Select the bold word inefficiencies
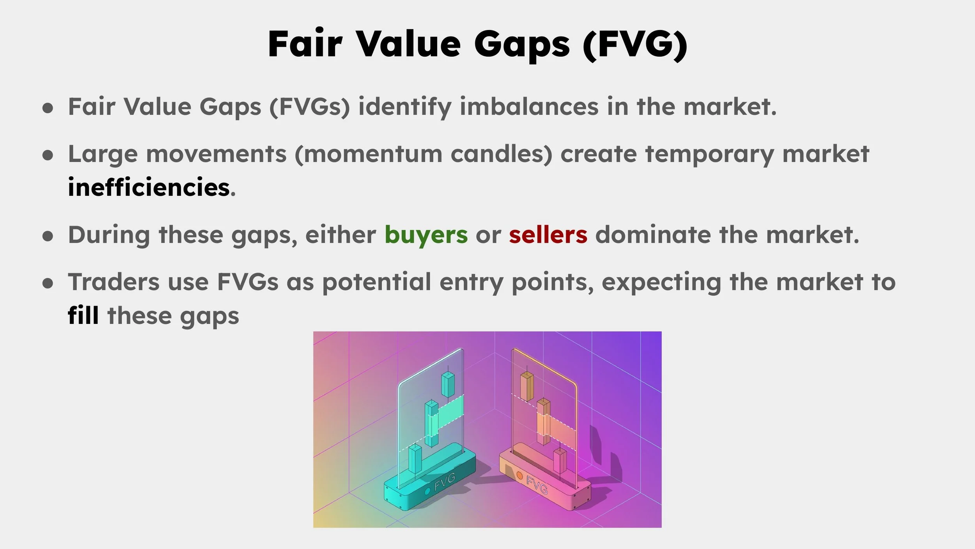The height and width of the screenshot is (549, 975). (x=149, y=187)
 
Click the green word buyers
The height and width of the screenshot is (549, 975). (x=426, y=235)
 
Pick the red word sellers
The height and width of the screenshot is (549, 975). (x=548, y=235)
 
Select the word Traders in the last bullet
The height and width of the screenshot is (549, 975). (x=113, y=282)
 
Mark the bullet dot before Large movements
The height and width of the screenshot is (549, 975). (x=48, y=155)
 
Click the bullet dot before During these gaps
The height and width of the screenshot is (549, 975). (x=48, y=236)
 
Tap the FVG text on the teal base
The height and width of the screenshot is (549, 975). (x=445, y=482)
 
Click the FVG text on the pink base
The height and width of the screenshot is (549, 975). (x=537, y=485)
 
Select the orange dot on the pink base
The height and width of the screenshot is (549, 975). (x=519, y=475)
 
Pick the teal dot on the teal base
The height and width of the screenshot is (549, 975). (x=427, y=491)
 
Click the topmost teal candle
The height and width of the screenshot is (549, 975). (x=448, y=384)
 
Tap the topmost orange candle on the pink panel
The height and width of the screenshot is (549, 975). (x=527, y=386)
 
